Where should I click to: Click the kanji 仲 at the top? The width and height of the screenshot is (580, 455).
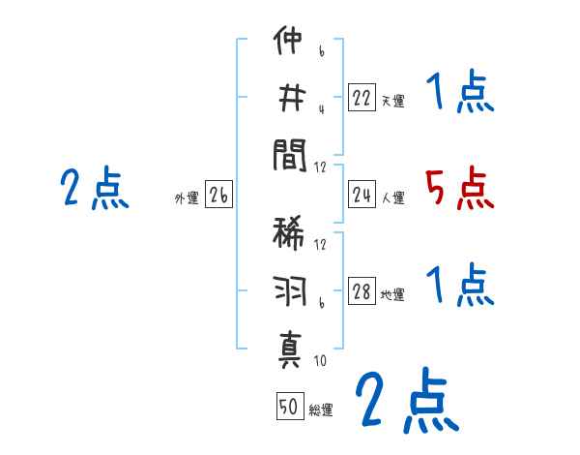290,43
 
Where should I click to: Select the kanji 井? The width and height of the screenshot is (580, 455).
290,98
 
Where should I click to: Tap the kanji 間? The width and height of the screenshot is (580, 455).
290,155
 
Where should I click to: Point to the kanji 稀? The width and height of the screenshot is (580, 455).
290,235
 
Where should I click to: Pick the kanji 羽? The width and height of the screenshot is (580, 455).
290,291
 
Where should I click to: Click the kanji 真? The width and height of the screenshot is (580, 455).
290,349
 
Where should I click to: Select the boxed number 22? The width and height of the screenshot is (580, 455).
362,97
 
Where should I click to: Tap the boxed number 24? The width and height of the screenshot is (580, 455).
362,196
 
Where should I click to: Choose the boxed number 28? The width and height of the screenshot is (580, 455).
362,291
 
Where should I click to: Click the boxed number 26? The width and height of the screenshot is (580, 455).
218,196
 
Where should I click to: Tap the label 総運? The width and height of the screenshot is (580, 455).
321,410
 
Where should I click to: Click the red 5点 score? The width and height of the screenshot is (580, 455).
459,188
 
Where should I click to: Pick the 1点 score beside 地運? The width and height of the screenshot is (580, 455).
459,286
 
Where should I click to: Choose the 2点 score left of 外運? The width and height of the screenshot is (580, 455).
94,188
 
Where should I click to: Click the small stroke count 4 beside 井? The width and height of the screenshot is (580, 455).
320,109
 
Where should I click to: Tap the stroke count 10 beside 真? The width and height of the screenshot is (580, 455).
320,361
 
